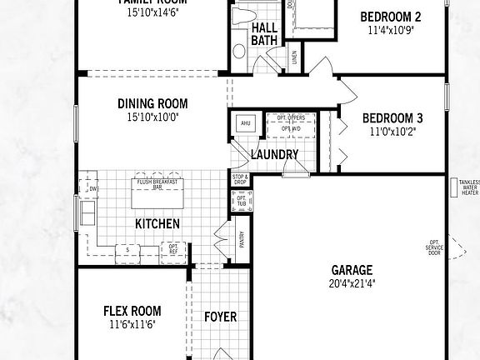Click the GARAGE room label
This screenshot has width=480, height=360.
coord(352,270)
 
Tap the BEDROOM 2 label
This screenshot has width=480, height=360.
coord(390,17)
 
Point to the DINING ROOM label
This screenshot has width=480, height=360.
coord(152,104)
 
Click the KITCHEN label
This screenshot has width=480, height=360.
coord(157,223)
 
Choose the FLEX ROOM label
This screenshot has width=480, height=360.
coord(132,311)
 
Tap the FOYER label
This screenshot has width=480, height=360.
coord(220,317)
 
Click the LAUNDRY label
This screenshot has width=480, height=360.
coord(274,155)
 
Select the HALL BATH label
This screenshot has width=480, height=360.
coord(265,33)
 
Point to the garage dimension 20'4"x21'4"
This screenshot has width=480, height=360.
coord(352,283)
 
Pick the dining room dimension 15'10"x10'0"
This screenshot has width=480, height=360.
coord(153,117)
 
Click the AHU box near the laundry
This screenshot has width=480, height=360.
coord(245,124)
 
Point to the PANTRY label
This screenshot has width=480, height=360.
coord(242,240)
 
